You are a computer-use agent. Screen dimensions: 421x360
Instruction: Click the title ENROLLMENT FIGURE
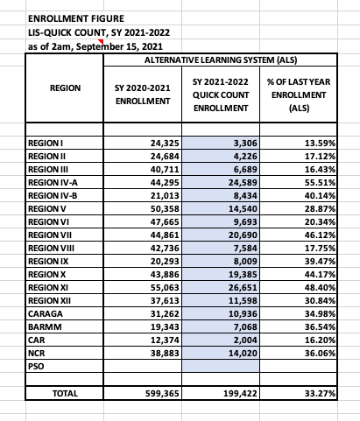click(65, 18)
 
